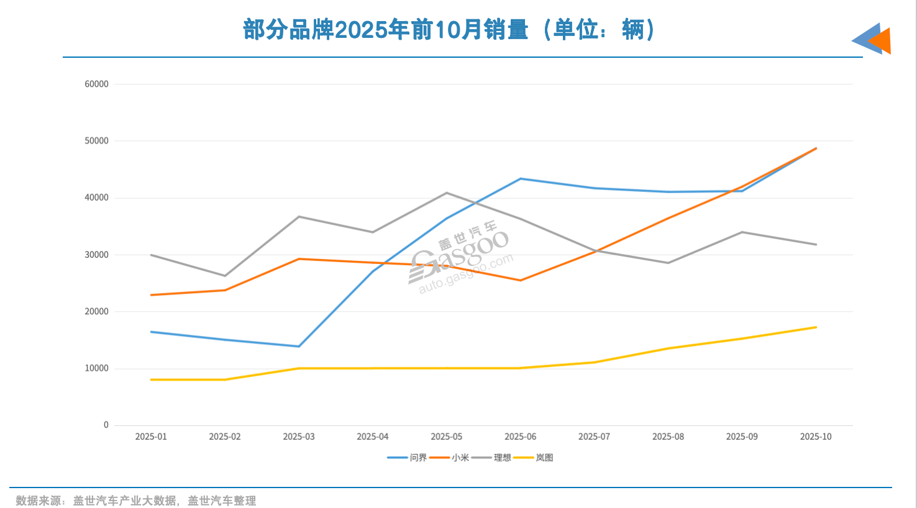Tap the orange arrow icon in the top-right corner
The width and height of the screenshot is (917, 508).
pyautogui.click(x=881, y=41)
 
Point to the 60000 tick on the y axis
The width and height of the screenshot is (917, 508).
pyautogui.click(x=96, y=84)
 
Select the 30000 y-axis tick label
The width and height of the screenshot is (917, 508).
pyautogui.click(x=96, y=255)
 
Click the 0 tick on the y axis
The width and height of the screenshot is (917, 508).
pyautogui.click(x=106, y=425)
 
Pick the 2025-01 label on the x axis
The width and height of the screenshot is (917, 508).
pyautogui.click(x=151, y=437)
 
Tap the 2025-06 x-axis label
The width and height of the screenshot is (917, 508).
pyautogui.click(x=520, y=437)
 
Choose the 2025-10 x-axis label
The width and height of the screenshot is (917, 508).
pyautogui.click(x=815, y=437)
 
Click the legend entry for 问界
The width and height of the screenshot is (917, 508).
pyautogui.click(x=408, y=458)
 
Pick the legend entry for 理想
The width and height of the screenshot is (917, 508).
pyautogui.click(x=492, y=458)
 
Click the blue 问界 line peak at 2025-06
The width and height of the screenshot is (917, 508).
pyautogui.click(x=520, y=179)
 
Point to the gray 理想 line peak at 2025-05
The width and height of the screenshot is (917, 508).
pyautogui.click(x=446, y=193)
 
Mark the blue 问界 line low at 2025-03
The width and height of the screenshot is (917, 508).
pyautogui.click(x=299, y=347)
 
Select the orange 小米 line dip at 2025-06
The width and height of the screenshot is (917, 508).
pyautogui.click(x=520, y=280)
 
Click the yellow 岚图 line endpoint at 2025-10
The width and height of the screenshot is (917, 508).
pyautogui.click(x=815, y=327)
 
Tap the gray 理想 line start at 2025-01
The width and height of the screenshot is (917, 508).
pyautogui.click(x=151, y=255)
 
